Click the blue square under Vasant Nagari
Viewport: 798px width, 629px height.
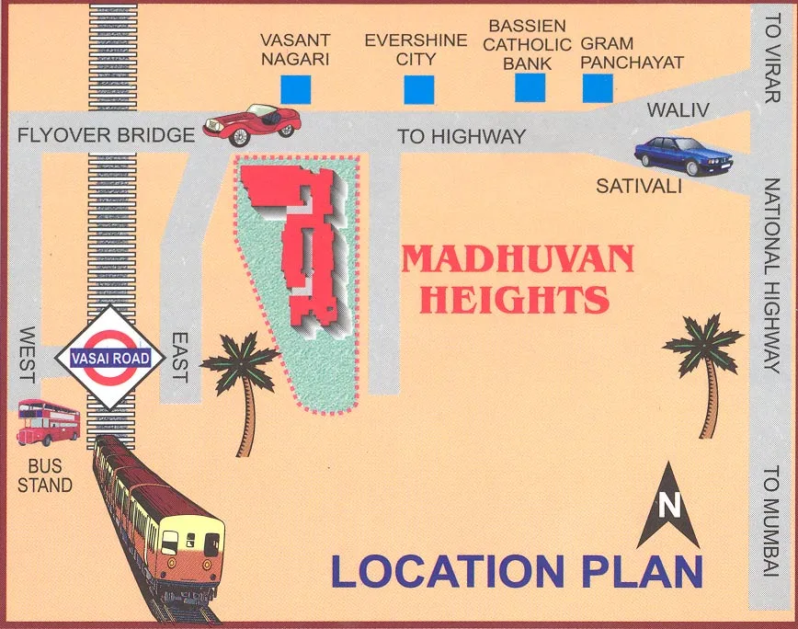pyautogui.click(x=295, y=89)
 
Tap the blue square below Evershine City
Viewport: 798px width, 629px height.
pyautogui.click(x=418, y=89)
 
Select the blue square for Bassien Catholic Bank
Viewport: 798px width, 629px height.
pyautogui.click(x=530, y=87)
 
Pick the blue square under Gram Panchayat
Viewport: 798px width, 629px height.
pyautogui.click(x=598, y=87)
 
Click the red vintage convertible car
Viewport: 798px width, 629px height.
pyautogui.click(x=253, y=122)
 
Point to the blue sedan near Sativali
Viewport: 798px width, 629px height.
pyautogui.click(x=682, y=155)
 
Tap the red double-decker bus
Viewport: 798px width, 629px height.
pyautogui.click(x=48, y=422)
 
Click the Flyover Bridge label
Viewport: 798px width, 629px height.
pyautogui.click(x=107, y=135)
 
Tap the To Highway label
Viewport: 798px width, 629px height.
pyautogui.click(x=462, y=137)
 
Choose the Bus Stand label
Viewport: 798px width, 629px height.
pyautogui.click(x=44, y=475)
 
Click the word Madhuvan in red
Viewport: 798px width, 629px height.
pyautogui.click(x=518, y=259)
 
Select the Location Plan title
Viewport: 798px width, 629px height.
pyautogui.click(x=517, y=571)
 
